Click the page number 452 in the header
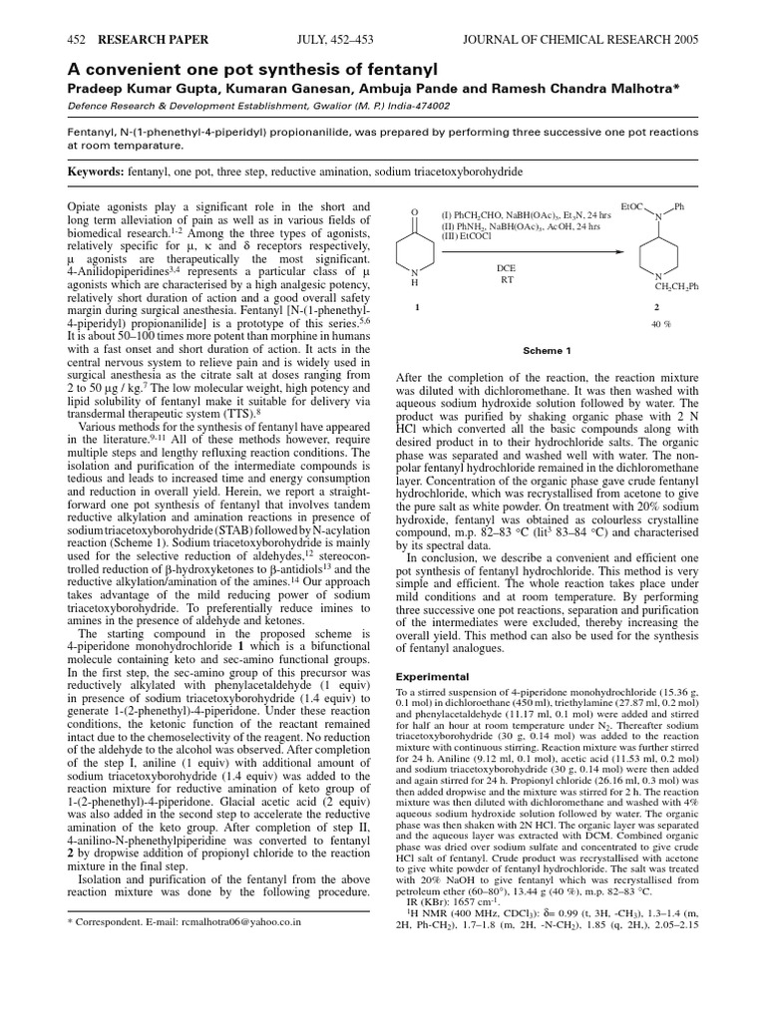pyautogui.click(x=77, y=39)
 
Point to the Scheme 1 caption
pyautogui.click(x=548, y=351)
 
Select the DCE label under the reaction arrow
pyautogui.click(x=507, y=268)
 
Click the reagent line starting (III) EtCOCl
pyautogui.click(x=470, y=236)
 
